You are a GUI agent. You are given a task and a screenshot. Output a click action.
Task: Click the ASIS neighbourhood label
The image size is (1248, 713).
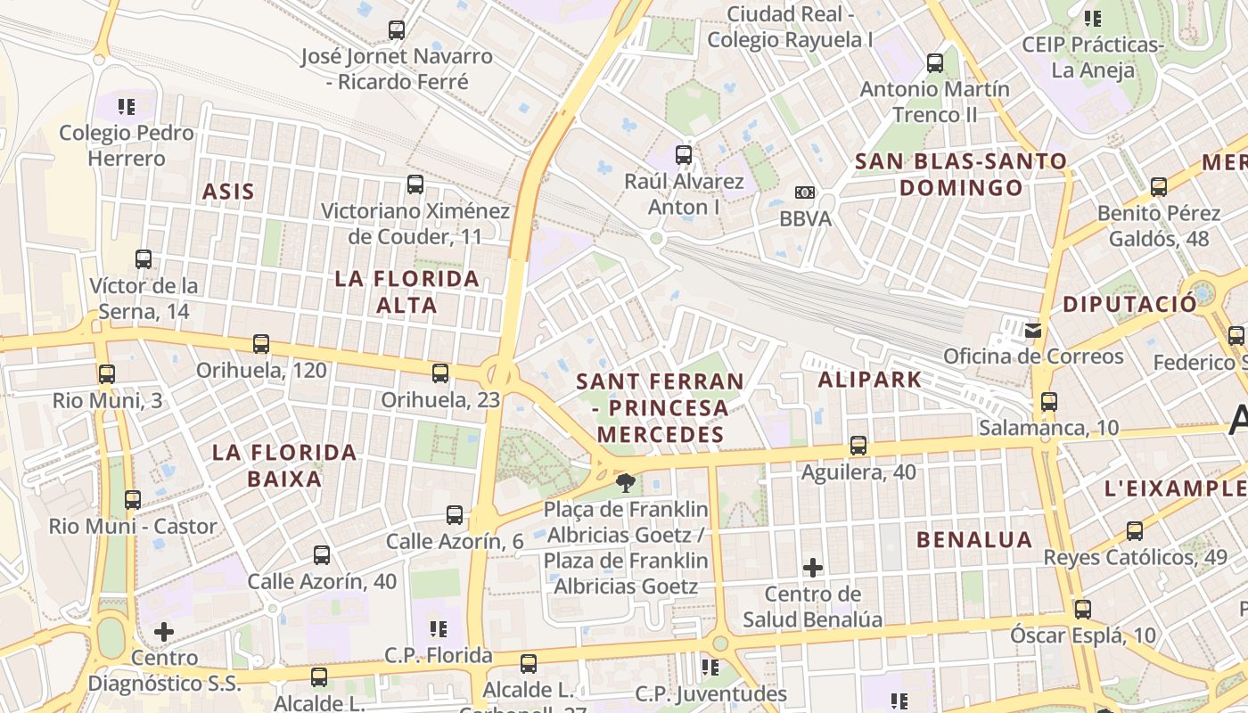tap(228, 192)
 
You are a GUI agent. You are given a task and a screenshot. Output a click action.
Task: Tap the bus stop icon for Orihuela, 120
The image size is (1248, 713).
tap(261, 344)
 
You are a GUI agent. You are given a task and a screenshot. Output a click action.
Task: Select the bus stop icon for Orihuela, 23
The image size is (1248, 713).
tap(440, 373)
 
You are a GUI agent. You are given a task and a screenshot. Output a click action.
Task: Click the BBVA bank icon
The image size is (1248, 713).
tap(805, 193)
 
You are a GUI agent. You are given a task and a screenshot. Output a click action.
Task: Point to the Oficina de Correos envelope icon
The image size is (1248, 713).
tap(1033, 331)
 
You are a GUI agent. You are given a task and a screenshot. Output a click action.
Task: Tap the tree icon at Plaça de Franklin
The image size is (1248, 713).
tap(626, 483)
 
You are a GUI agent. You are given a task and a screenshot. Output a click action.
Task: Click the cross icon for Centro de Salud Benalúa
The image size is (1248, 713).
tap(813, 567)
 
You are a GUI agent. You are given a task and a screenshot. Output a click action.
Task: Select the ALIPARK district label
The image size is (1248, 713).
tap(870, 380)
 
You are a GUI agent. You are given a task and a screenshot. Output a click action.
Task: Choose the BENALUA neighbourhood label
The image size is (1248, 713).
tap(974, 539)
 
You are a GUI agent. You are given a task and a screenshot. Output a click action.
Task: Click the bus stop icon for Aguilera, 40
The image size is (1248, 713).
tap(858, 446)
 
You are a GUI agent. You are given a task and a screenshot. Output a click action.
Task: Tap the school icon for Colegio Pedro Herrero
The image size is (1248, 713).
tap(127, 107)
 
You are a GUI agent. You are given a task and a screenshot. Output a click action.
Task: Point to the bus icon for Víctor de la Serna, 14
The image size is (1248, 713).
tap(144, 259)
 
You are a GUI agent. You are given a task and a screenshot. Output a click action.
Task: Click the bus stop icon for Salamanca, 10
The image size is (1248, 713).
tap(1049, 402)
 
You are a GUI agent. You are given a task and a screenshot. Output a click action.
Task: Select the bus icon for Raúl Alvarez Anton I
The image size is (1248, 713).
tap(684, 155)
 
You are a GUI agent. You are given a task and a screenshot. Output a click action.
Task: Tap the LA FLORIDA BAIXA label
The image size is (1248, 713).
tap(284, 465)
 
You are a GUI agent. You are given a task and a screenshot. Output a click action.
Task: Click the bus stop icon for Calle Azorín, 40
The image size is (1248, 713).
tap(322, 555)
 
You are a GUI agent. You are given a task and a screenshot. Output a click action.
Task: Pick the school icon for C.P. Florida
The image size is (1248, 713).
tap(438, 629)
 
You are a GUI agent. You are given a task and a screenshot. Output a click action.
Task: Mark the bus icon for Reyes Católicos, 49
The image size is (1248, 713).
tap(1135, 531)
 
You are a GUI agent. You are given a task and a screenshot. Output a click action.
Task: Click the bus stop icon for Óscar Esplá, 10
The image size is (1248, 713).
tap(1083, 610)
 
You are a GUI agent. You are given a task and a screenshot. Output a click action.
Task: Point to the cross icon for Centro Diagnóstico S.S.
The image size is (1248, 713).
tap(164, 632)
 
